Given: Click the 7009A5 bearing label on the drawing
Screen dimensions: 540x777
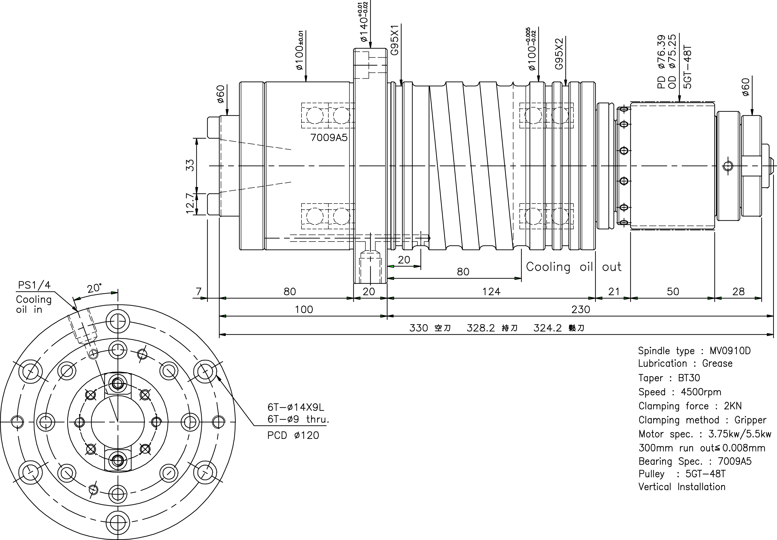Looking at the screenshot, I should click(x=329, y=138).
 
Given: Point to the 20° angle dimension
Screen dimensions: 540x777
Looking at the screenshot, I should click(x=94, y=288).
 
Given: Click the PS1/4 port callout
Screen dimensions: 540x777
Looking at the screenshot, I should click(x=34, y=285).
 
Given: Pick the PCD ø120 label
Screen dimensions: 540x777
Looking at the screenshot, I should click(x=293, y=435).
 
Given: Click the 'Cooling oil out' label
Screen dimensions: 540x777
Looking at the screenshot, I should click(x=573, y=267).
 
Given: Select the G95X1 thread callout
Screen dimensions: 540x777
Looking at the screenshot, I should click(x=395, y=40).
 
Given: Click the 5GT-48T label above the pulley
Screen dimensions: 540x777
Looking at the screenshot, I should click(x=688, y=67).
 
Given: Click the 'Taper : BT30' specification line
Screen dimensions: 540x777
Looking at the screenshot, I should click(x=669, y=378).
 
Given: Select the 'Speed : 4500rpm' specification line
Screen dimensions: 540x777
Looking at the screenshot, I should click(x=679, y=392).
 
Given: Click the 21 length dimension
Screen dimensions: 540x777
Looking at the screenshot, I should click(x=614, y=291).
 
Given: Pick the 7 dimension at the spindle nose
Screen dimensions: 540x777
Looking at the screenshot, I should click(x=199, y=291).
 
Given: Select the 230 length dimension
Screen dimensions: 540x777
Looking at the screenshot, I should click(x=581, y=309).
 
